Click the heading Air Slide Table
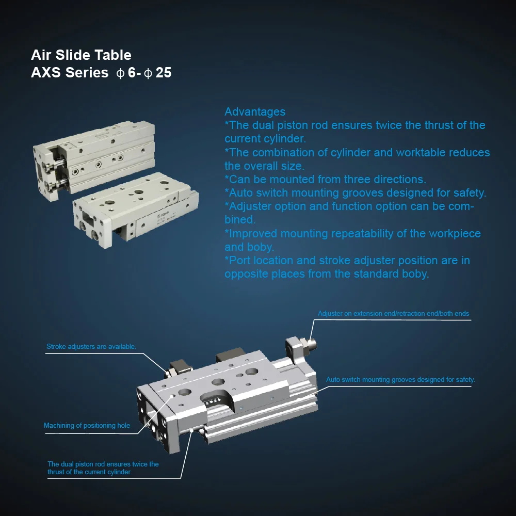point(81,55)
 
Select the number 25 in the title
point(164,73)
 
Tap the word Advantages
point(255,112)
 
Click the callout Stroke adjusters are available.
point(91,347)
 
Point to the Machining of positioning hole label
point(87,426)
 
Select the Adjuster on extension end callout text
point(393,314)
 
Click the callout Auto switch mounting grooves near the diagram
point(400,380)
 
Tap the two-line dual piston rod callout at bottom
point(103,468)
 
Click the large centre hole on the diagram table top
point(218,382)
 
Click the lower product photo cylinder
point(136,209)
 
